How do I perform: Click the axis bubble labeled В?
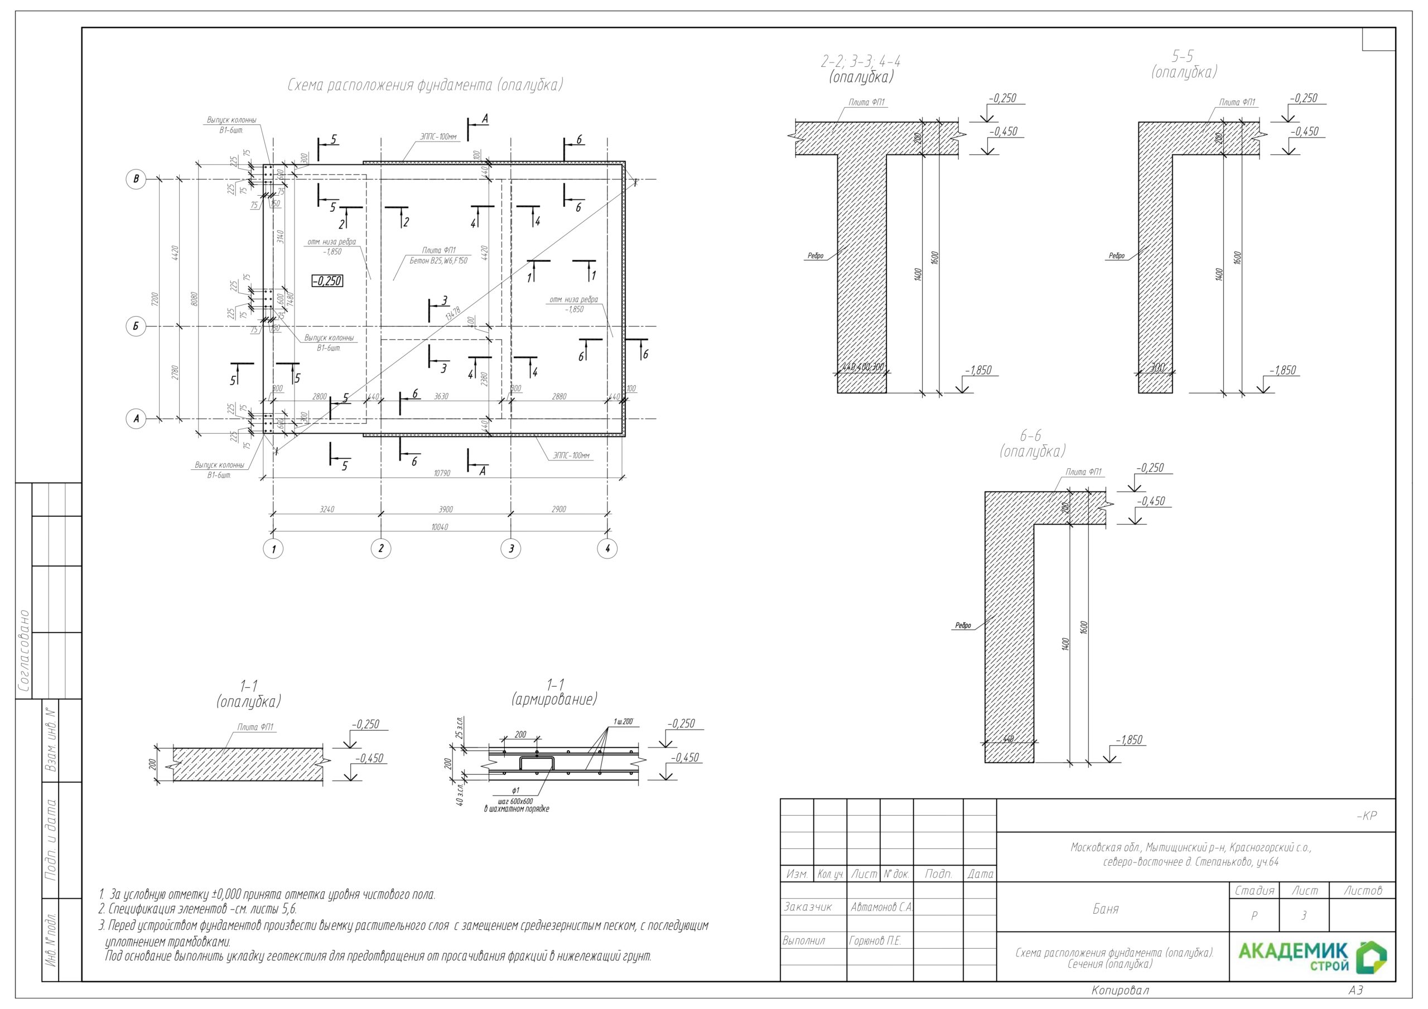pyautogui.click(x=136, y=179)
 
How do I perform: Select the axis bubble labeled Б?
pyautogui.click(x=136, y=326)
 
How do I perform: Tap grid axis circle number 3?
pyautogui.click(x=510, y=549)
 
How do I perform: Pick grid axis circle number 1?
pyautogui.click(x=273, y=549)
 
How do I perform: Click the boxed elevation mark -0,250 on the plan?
pyautogui.click(x=327, y=281)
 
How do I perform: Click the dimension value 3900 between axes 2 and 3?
pyautogui.click(x=445, y=509)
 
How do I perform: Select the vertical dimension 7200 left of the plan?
pyautogui.click(x=155, y=299)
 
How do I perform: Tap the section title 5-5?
pyautogui.click(x=1183, y=56)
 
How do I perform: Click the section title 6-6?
pyautogui.click(x=1031, y=435)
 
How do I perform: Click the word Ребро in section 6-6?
pyautogui.click(x=963, y=625)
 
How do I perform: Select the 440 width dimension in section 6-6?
pyautogui.click(x=1008, y=739)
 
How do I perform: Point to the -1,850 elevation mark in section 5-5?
pyautogui.click(x=1282, y=371)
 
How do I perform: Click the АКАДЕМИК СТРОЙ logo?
pyautogui.click(x=1313, y=957)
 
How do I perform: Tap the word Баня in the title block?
pyautogui.click(x=1105, y=909)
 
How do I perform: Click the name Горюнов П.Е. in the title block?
pyautogui.click(x=875, y=940)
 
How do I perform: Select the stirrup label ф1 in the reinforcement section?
pyautogui.click(x=515, y=790)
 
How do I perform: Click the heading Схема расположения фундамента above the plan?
pyautogui.click(x=425, y=85)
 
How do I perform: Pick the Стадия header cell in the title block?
pyautogui.click(x=1254, y=890)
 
